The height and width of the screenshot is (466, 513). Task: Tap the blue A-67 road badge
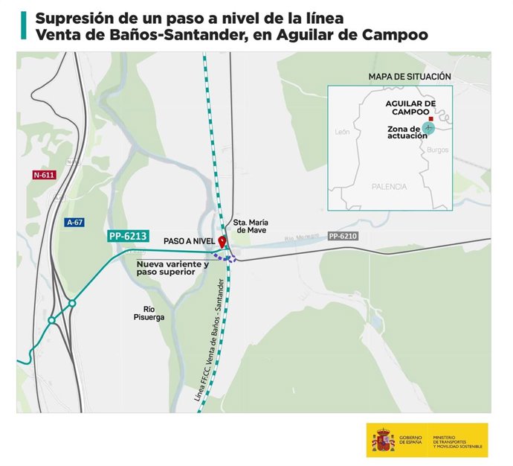(x=74, y=222)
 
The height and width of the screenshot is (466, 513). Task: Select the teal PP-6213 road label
(x=129, y=237)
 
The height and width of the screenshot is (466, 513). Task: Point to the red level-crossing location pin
(x=222, y=243)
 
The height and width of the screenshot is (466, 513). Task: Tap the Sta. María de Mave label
(x=251, y=226)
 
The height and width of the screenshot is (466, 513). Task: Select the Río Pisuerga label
(x=148, y=312)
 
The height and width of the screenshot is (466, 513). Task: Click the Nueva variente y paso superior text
(x=172, y=268)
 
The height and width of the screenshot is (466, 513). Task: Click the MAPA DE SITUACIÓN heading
(x=410, y=77)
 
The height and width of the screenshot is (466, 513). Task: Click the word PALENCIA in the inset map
(x=390, y=186)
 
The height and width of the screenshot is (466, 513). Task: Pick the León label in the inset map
(x=342, y=131)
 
